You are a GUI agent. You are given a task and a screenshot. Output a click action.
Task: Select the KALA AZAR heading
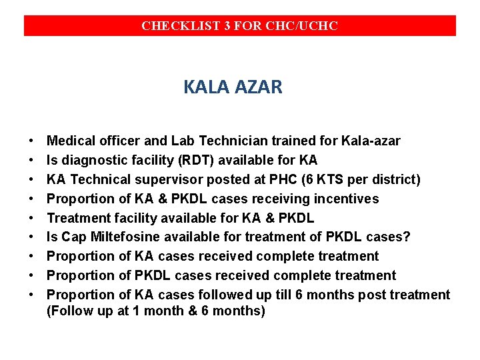click(233, 87)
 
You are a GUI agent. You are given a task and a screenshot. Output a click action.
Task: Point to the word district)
click(397, 179)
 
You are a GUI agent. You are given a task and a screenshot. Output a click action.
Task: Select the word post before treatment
click(373, 295)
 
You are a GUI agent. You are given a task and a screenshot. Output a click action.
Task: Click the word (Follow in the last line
click(69, 311)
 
